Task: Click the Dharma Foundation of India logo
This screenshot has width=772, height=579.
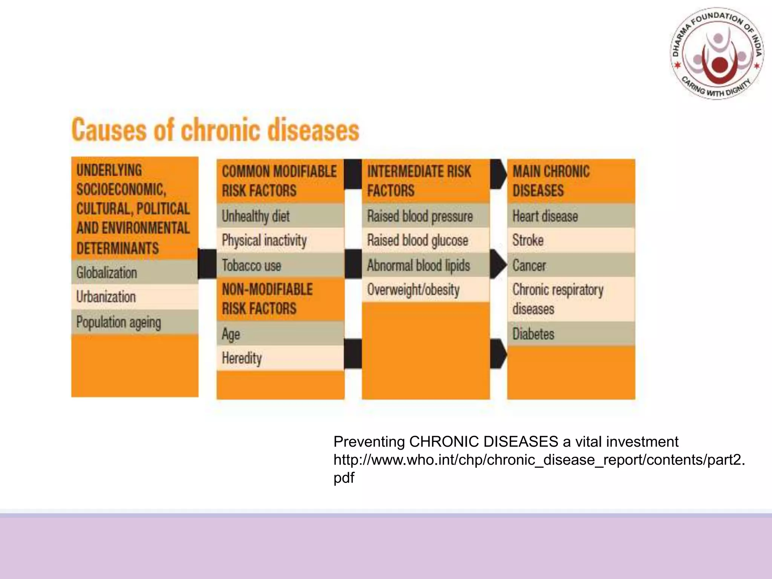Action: point(717,54)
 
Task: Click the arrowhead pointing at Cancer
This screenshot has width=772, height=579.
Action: point(499,264)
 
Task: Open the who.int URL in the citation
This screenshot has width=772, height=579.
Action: point(539,460)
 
